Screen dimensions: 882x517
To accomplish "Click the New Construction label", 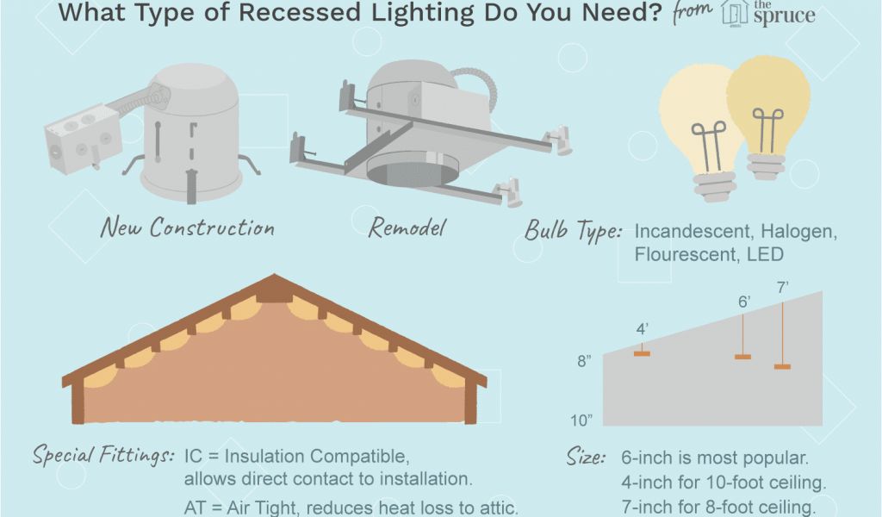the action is click(187, 227).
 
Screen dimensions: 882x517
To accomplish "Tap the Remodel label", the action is click(407, 228).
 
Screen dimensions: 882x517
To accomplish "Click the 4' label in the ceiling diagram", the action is click(643, 329).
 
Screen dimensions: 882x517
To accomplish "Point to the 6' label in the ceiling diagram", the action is click(743, 302).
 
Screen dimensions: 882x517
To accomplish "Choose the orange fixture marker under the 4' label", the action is click(642, 352).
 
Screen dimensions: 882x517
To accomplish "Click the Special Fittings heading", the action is click(104, 455).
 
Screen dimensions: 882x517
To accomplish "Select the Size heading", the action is click(586, 457).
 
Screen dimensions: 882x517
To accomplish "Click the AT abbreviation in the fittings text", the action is click(196, 508).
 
